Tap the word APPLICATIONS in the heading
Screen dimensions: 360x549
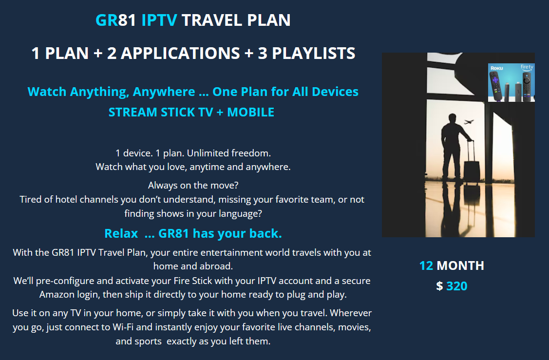[x=180, y=53]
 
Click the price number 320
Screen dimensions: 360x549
[x=456, y=286]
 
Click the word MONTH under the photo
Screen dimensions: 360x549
[x=460, y=265]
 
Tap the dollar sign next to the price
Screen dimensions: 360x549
[x=439, y=286]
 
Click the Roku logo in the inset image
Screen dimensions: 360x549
[x=496, y=68]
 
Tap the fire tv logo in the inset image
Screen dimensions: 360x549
[x=527, y=67]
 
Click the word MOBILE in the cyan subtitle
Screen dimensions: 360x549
[x=250, y=112]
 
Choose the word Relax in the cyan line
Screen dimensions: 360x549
[x=121, y=233]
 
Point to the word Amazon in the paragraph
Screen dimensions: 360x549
[x=57, y=295]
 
